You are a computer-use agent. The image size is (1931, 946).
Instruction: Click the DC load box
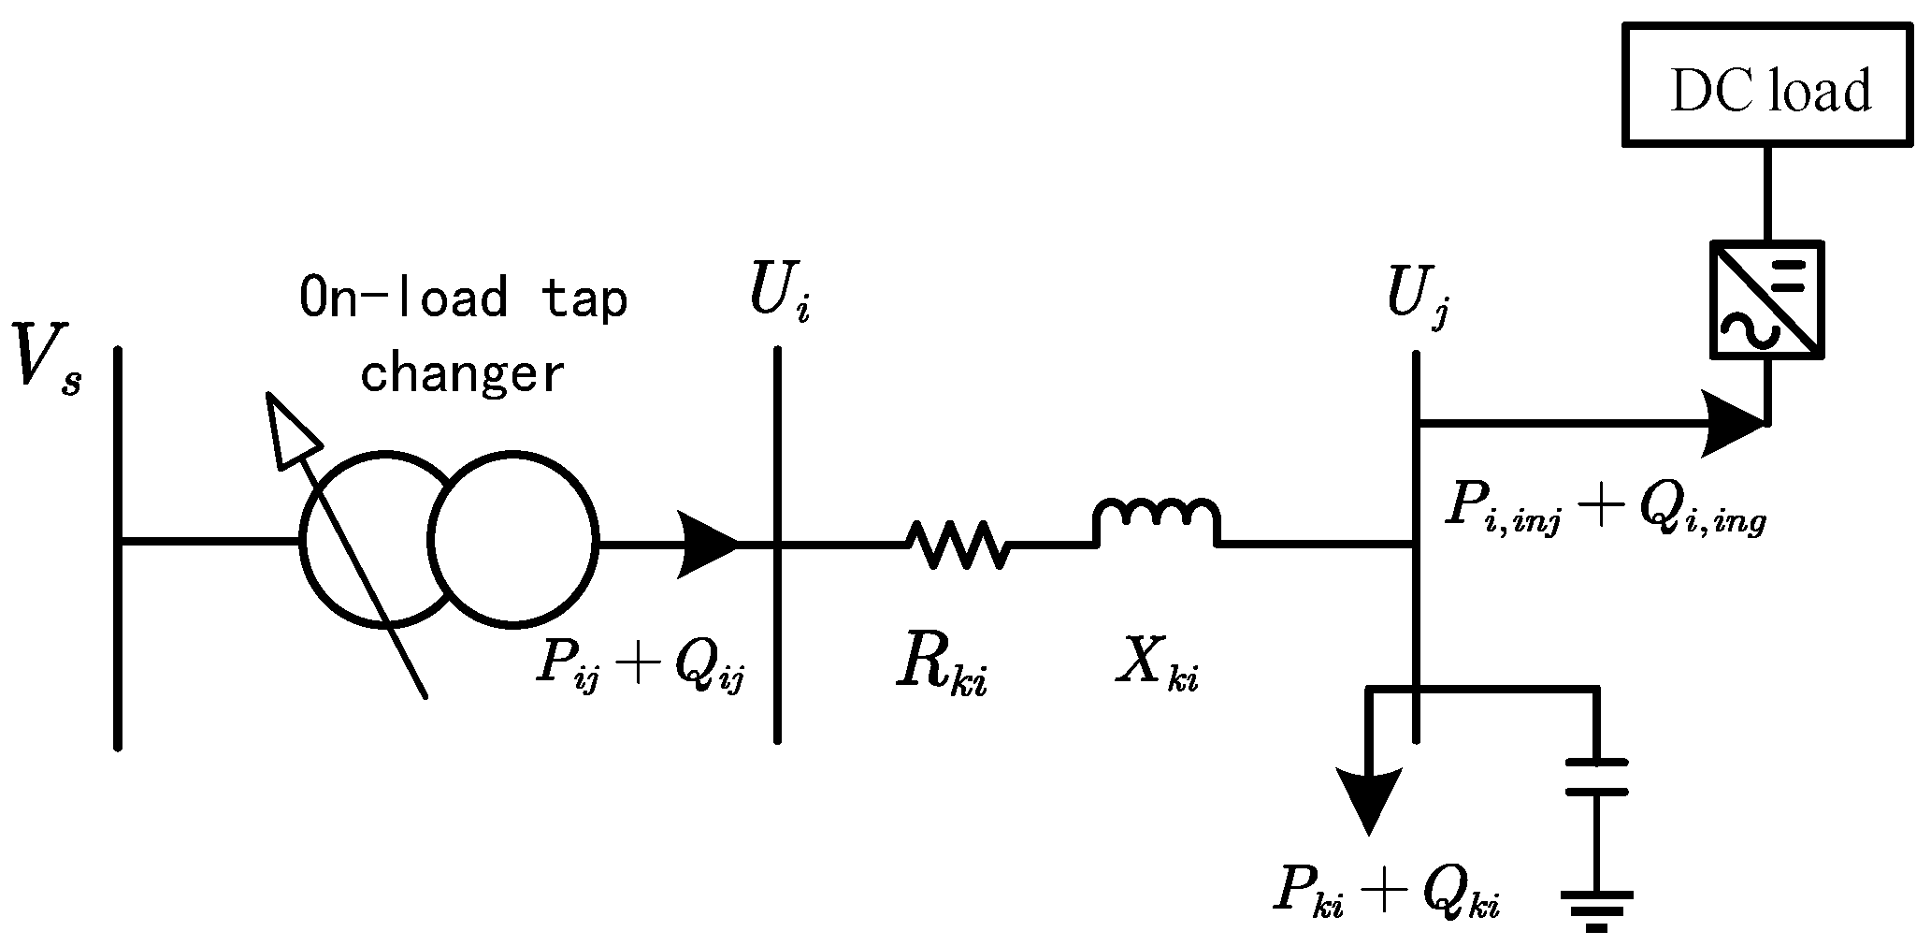1766,86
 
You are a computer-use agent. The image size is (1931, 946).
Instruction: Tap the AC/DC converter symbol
1766,299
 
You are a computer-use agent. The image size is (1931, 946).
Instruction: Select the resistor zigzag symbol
956,544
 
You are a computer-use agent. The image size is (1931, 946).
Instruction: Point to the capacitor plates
1596,778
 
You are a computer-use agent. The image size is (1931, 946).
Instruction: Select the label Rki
941,668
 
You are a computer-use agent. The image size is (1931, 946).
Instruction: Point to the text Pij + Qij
640,666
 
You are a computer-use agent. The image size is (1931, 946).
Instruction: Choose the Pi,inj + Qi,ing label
1604,510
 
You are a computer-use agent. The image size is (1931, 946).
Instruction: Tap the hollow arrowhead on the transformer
289,429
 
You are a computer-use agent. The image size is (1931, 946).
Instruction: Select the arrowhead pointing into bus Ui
710,543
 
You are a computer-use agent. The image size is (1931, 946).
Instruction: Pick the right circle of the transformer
512,540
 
